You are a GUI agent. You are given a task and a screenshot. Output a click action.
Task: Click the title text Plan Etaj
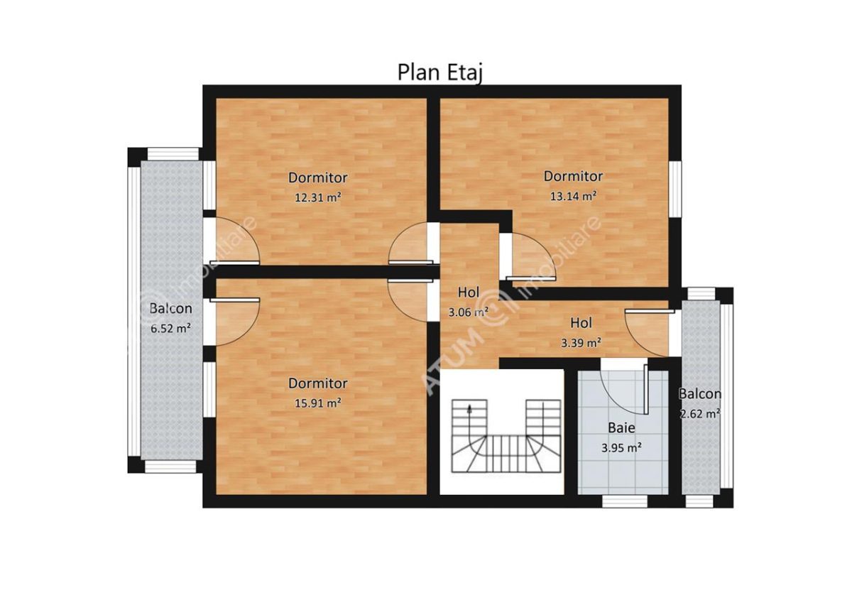(440, 72)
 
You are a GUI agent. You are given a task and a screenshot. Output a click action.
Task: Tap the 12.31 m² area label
(317, 197)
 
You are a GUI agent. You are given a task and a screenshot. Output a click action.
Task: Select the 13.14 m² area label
(573, 196)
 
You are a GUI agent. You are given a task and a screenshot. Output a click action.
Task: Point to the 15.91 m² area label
(317, 403)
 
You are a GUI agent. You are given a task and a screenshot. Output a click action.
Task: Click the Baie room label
(621, 428)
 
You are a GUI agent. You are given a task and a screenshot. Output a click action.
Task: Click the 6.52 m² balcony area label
(170, 328)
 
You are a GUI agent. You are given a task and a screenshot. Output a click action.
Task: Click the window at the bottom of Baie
(625, 501)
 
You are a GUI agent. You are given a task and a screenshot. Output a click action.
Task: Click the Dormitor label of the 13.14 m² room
(573, 176)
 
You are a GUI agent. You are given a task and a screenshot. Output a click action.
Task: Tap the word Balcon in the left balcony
(170, 309)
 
